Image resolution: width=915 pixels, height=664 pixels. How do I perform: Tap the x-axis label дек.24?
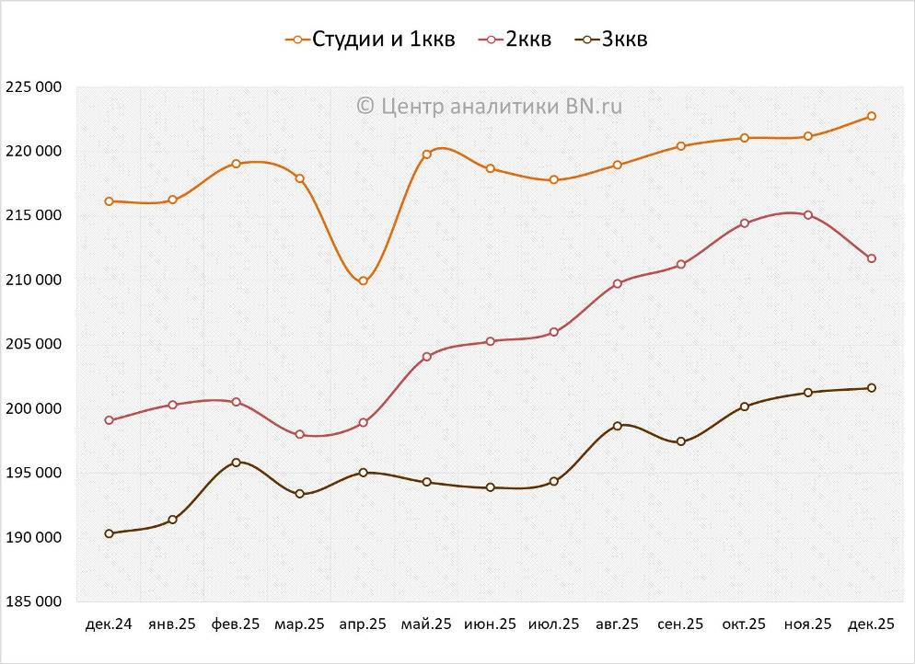click(109, 624)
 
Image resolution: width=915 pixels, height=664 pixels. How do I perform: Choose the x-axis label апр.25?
click(363, 624)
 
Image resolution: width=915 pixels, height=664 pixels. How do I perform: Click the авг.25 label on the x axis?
click(617, 624)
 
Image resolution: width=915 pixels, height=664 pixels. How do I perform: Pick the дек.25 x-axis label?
click(871, 624)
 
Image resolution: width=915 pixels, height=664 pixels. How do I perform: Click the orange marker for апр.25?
click(363, 280)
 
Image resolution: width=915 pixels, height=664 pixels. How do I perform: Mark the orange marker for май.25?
click(426, 155)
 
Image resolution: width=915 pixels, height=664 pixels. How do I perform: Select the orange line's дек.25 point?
click(871, 116)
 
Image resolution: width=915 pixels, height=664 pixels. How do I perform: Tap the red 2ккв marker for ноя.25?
click(807, 215)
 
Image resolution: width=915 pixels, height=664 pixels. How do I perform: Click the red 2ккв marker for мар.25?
click(299, 434)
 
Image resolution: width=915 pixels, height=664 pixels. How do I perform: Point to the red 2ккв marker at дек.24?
click(109, 420)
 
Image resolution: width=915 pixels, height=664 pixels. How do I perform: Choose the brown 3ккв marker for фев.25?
click(236, 463)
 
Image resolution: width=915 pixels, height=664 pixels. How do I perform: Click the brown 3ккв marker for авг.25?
click(617, 426)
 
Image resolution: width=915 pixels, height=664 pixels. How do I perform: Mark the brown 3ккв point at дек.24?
click(109, 533)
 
